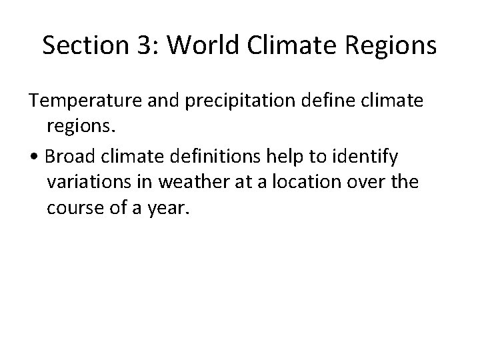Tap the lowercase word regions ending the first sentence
click(x=81, y=128)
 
